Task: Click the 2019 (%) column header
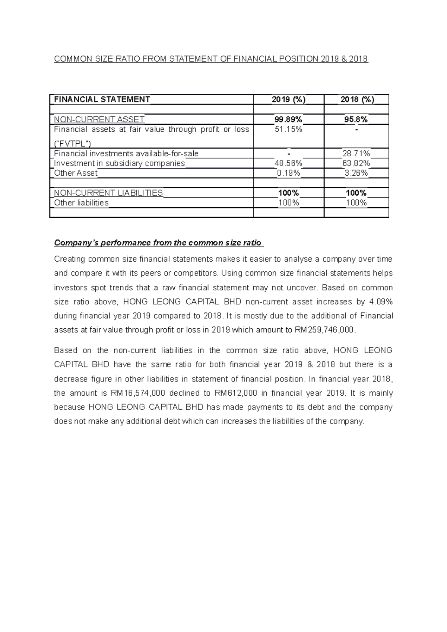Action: pyautogui.click(x=289, y=99)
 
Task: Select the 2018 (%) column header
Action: pyautogui.click(x=357, y=99)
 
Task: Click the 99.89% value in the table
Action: pyautogui.click(x=289, y=119)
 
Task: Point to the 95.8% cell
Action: pyautogui.click(x=357, y=119)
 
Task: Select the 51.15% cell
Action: pyautogui.click(x=289, y=130)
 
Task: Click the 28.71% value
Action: pyautogui.click(x=356, y=153)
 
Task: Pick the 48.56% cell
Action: pyautogui.click(x=289, y=163)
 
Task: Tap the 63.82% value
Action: pyautogui.click(x=356, y=163)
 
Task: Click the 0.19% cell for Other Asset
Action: pyautogui.click(x=289, y=173)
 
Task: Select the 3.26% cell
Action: pyautogui.click(x=356, y=173)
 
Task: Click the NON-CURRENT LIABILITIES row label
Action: pyautogui.click(x=108, y=193)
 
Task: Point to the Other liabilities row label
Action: pyautogui.click(x=81, y=203)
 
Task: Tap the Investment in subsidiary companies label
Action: pyautogui.click(x=119, y=163)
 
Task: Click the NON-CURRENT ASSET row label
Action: pyautogui.click(x=99, y=119)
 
